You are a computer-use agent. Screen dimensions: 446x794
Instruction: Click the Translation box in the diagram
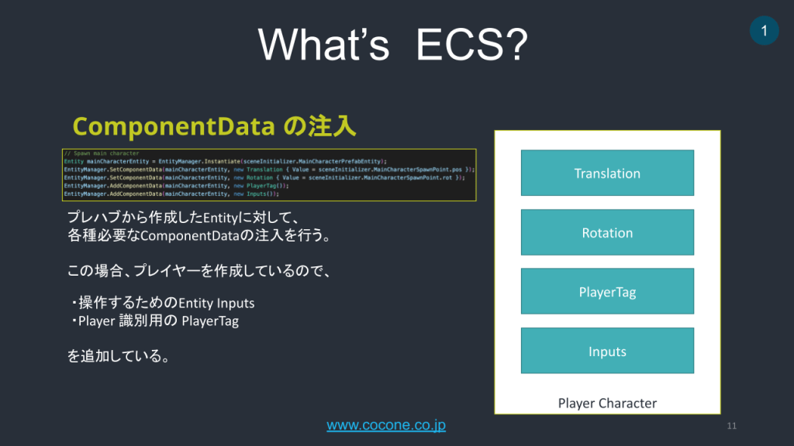[607, 173]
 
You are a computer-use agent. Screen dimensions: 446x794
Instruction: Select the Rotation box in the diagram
[607, 232]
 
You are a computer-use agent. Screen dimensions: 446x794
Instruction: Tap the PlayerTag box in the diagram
[607, 292]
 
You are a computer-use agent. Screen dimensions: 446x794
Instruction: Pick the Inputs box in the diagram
[607, 352]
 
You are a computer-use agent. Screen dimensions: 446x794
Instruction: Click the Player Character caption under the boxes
[607, 403]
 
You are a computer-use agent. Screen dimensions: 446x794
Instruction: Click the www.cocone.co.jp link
[386, 425]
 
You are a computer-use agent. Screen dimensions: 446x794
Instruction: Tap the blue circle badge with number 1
[765, 31]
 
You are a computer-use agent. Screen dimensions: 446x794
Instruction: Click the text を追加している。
[119, 356]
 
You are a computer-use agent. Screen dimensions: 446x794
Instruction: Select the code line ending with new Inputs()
[171, 194]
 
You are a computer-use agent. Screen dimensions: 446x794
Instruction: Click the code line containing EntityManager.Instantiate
[225, 160]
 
